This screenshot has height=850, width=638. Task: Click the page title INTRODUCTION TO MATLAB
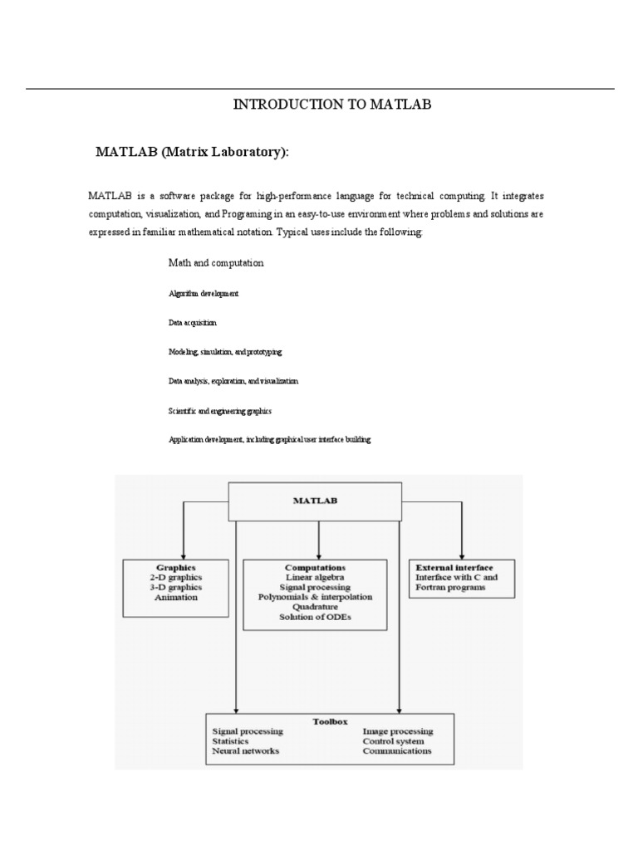pos(332,105)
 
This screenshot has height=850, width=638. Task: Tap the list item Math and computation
pos(216,262)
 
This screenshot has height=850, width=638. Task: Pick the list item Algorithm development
pos(204,293)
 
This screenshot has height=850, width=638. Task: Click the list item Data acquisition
pos(193,322)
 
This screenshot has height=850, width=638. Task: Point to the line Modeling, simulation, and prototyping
pos(225,352)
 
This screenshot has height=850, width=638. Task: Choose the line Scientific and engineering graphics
pos(220,410)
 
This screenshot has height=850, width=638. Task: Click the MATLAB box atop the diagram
pos(315,501)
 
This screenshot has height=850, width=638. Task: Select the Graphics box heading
pos(175,566)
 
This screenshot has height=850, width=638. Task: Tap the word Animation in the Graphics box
pos(175,598)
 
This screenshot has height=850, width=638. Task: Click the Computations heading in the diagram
pos(315,566)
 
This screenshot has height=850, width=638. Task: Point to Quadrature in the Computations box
pos(315,608)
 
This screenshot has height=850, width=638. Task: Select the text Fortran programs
pos(450,588)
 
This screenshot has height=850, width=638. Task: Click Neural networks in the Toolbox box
pos(246,751)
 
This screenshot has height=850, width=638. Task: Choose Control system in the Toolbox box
pos(393,741)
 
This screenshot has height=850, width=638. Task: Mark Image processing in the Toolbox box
pos(397,731)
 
